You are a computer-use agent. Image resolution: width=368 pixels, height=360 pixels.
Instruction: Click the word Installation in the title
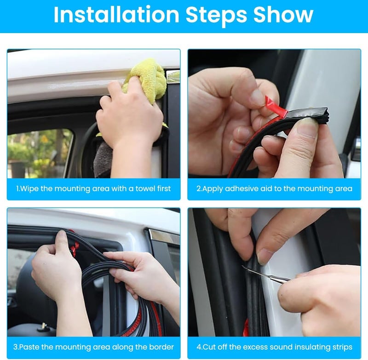[x=116, y=15]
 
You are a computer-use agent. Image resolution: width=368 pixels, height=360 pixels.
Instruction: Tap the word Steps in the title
[x=216, y=16]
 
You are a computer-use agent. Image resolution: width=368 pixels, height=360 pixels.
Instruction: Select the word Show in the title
[x=283, y=15]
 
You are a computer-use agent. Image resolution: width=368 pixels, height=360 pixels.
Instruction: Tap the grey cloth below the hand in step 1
[x=103, y=159]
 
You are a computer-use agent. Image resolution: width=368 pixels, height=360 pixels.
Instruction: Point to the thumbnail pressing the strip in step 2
[x=307, y=126]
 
